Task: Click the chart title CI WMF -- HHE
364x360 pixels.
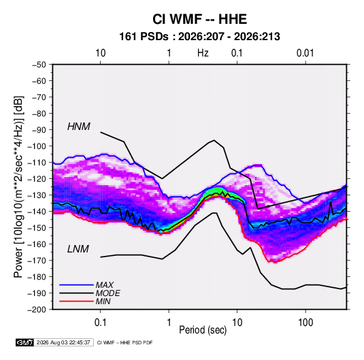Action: pos(199,19)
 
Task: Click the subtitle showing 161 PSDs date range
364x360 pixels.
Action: pos(199,37)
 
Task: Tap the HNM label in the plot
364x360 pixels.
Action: pos(79,127)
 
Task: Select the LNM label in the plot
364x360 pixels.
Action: pos(78,249)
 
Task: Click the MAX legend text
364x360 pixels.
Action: pos(105,285)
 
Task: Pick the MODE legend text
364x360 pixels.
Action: pos(107,293)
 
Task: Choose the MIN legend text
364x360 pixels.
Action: pos(103,301)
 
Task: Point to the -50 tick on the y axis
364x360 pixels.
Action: pos(39,65)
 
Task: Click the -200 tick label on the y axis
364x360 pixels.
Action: pos(37,310)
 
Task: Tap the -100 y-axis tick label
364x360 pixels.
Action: pos(37,146)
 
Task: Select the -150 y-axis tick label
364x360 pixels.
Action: pos(37,227)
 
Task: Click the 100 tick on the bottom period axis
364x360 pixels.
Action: pos(305,322)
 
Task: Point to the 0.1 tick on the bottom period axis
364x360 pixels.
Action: pos(100,322)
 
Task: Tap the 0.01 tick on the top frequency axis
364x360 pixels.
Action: pos(305,53)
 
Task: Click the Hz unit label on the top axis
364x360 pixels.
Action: pos(203,53)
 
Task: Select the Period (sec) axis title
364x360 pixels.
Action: pos(203,330)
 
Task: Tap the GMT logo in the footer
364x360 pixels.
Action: pos(24,342)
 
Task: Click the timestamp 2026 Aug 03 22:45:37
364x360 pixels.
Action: pos(63,342)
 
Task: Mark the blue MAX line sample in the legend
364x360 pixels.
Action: pos(76,285)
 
